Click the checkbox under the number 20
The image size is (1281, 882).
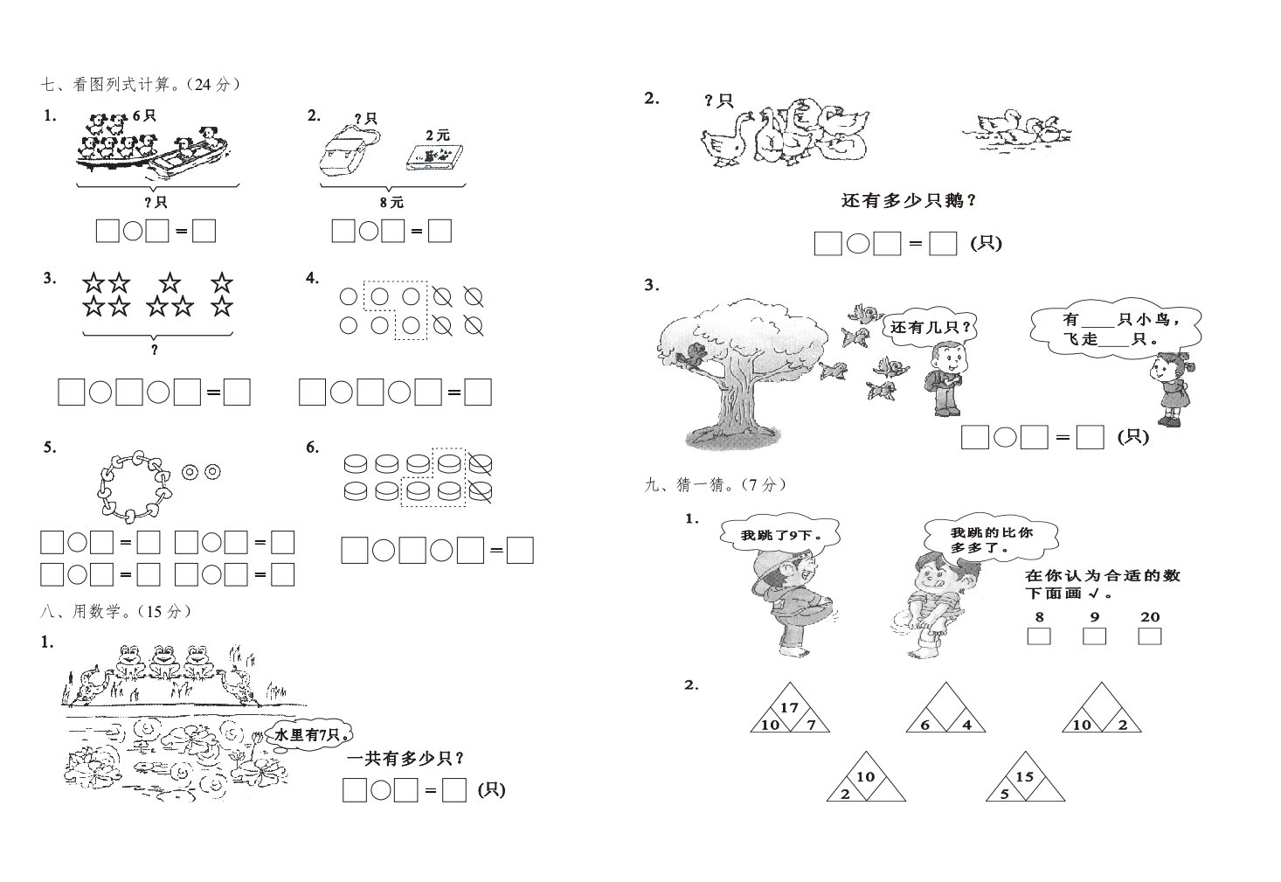[1149, 636]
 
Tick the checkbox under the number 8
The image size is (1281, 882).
[1039, 636]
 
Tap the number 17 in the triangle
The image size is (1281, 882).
[789, 707]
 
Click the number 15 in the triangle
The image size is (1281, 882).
[1024, 776]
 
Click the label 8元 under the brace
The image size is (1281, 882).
[391, 202]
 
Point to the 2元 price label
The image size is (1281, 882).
[438, 135]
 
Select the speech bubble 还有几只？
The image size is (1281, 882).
[931, 327]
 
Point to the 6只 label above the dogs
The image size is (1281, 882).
[144, 115]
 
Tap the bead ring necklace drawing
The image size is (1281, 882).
[135, 486]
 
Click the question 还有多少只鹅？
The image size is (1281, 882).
[910, 201]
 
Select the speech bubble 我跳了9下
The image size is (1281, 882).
[780, 534]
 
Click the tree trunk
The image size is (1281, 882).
[736, 400]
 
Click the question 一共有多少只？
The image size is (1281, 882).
[406, 759]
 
